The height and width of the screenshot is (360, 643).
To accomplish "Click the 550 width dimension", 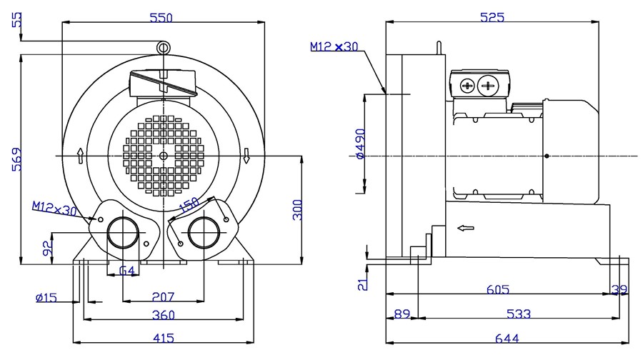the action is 161,18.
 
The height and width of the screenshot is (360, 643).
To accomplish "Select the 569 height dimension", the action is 16,159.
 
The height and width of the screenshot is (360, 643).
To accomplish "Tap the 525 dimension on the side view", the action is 492,17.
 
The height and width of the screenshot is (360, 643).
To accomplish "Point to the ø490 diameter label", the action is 360,144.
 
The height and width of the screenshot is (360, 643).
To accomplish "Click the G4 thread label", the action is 126,271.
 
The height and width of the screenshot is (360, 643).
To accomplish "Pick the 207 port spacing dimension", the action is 163,296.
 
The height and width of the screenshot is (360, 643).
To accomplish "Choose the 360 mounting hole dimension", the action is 163,315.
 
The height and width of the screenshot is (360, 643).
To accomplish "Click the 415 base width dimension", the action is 163,338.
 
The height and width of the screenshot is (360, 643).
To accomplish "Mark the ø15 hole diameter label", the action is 46,297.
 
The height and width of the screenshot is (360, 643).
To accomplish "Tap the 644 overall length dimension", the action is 507,339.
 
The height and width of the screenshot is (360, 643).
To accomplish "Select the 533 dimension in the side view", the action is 519,314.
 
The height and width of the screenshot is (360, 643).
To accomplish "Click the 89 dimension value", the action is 402,314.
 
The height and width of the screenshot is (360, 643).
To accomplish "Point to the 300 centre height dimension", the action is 298,210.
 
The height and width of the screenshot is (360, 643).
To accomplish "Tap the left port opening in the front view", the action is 123,232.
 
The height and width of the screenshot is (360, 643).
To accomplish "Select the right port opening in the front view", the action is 204,232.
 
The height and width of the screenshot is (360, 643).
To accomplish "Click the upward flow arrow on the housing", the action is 80,156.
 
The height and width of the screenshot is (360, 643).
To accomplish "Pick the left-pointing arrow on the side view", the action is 465,228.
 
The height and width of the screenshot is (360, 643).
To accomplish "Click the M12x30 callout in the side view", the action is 334,46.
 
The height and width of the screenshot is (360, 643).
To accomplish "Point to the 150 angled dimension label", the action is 189,205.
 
